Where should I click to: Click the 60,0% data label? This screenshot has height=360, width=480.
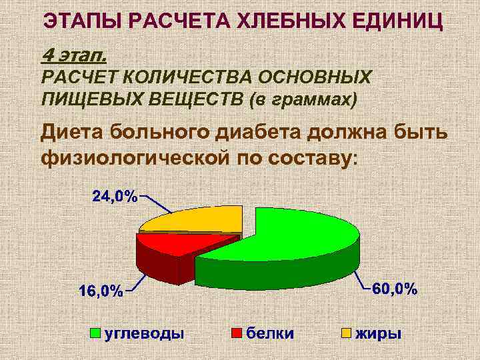click(x=395, y=289)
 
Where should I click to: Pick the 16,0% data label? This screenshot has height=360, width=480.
click(x=101, y=291)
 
